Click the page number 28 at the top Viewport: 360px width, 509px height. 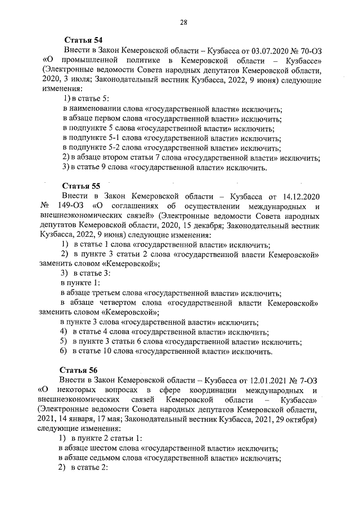click(x=183, y=22)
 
